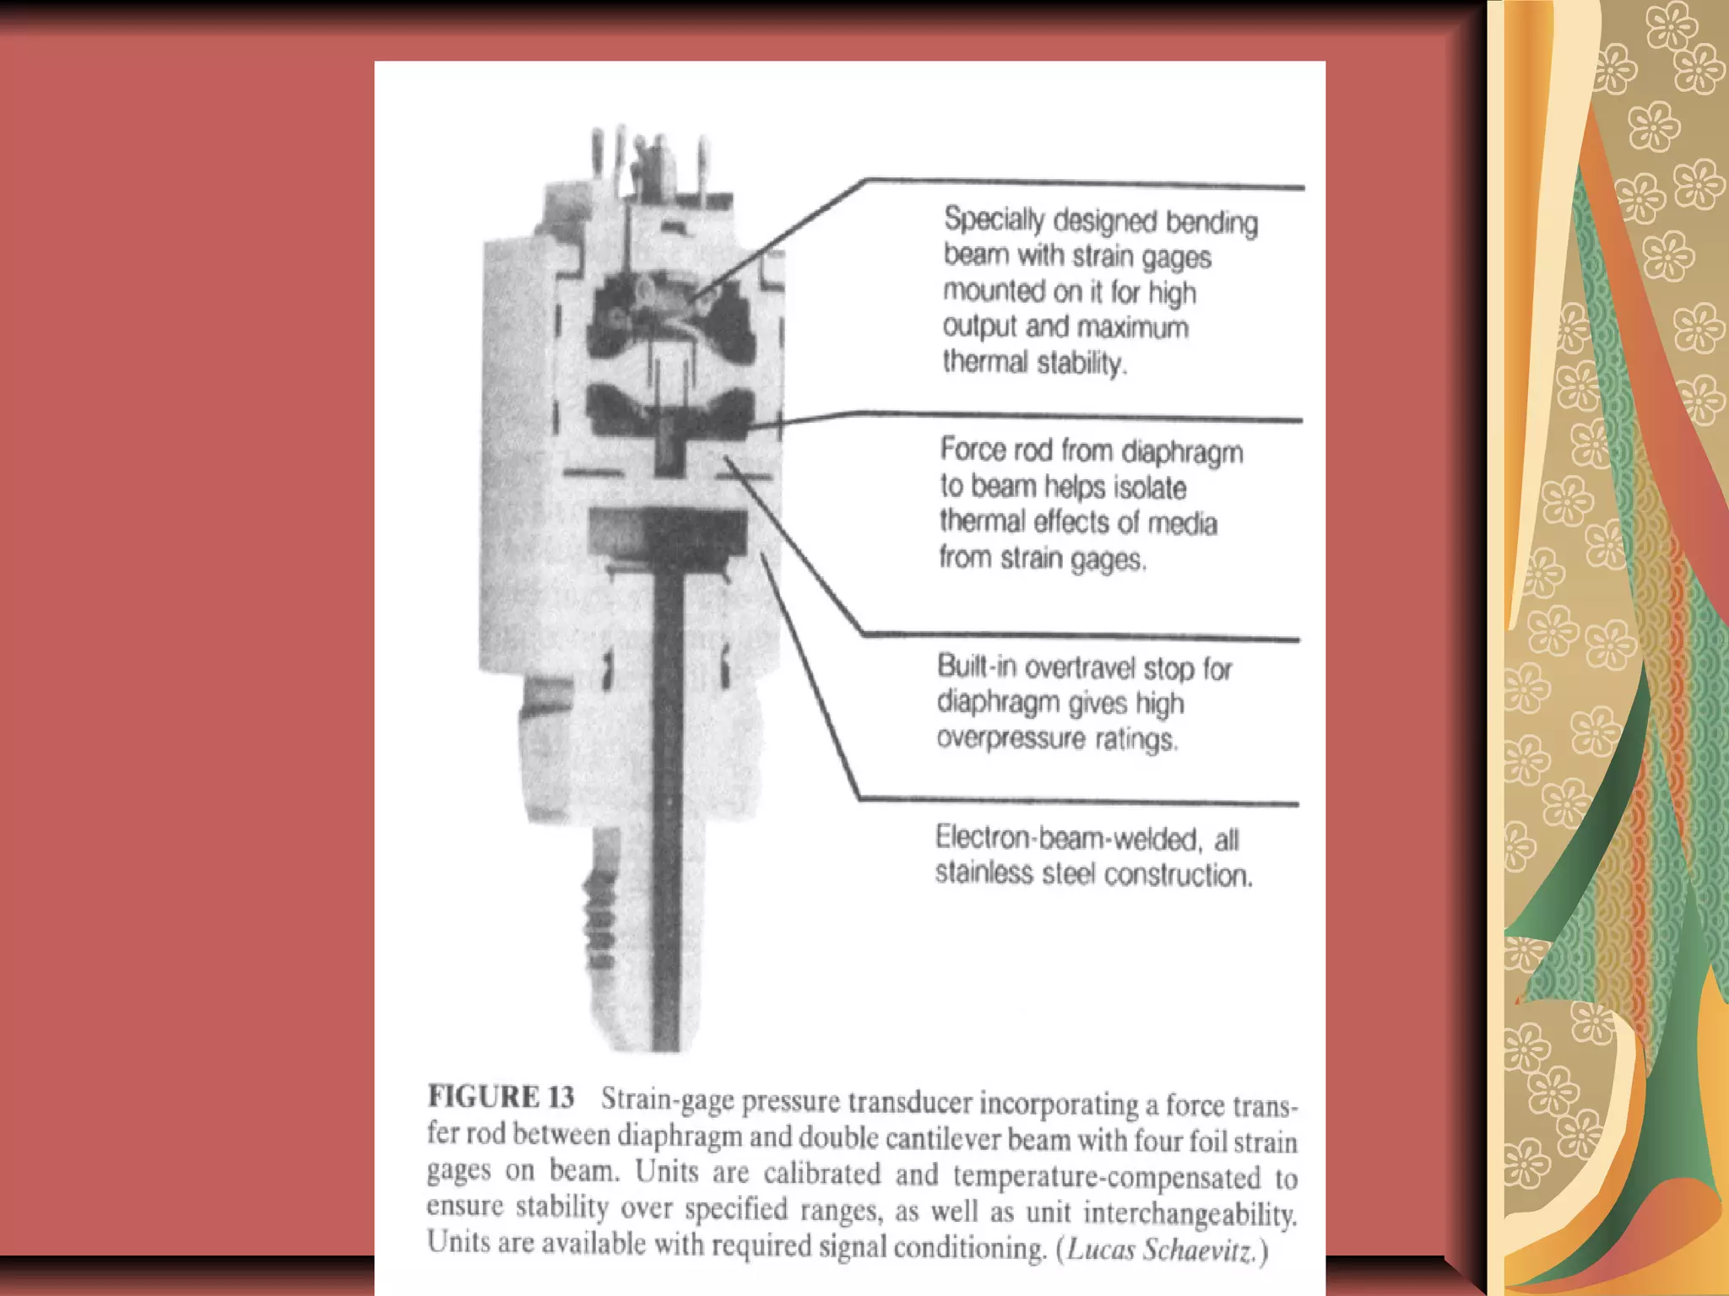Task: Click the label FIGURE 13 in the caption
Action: click(x=501, y=1097)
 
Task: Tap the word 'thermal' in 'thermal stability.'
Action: click(x=985, y=362)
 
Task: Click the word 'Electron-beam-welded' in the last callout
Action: click(x=1065, y=838)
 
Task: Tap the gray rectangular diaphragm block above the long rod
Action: click(x=667, y=532)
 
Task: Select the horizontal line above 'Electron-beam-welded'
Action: click(x=1081, y=801)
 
